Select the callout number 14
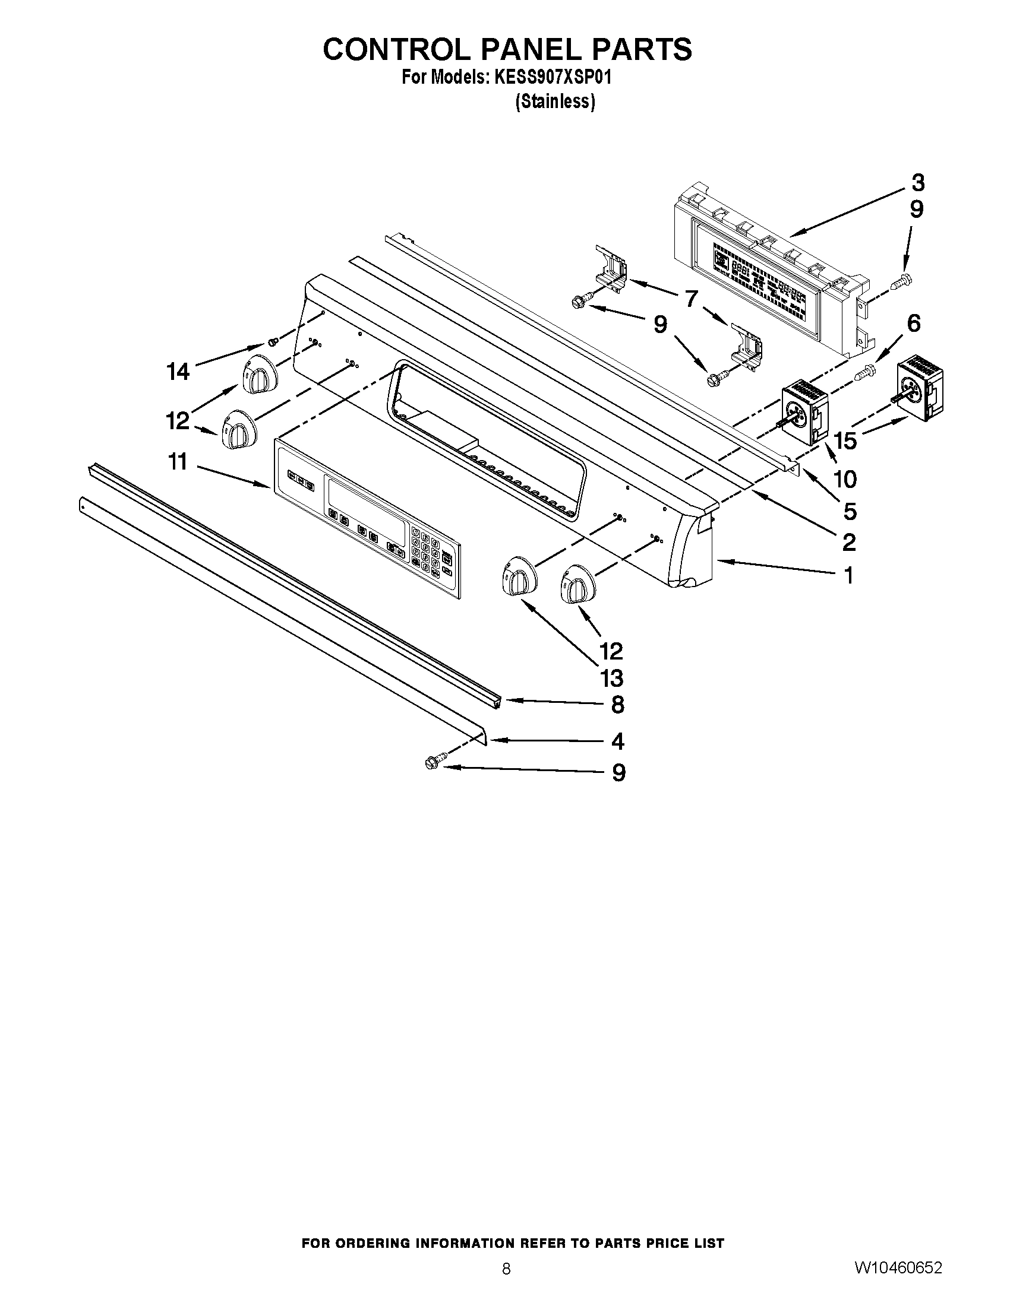178,372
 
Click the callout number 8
617,705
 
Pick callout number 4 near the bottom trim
617,742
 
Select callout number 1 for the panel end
848,575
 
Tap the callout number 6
913,324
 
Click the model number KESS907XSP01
553,78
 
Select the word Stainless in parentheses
555,102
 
